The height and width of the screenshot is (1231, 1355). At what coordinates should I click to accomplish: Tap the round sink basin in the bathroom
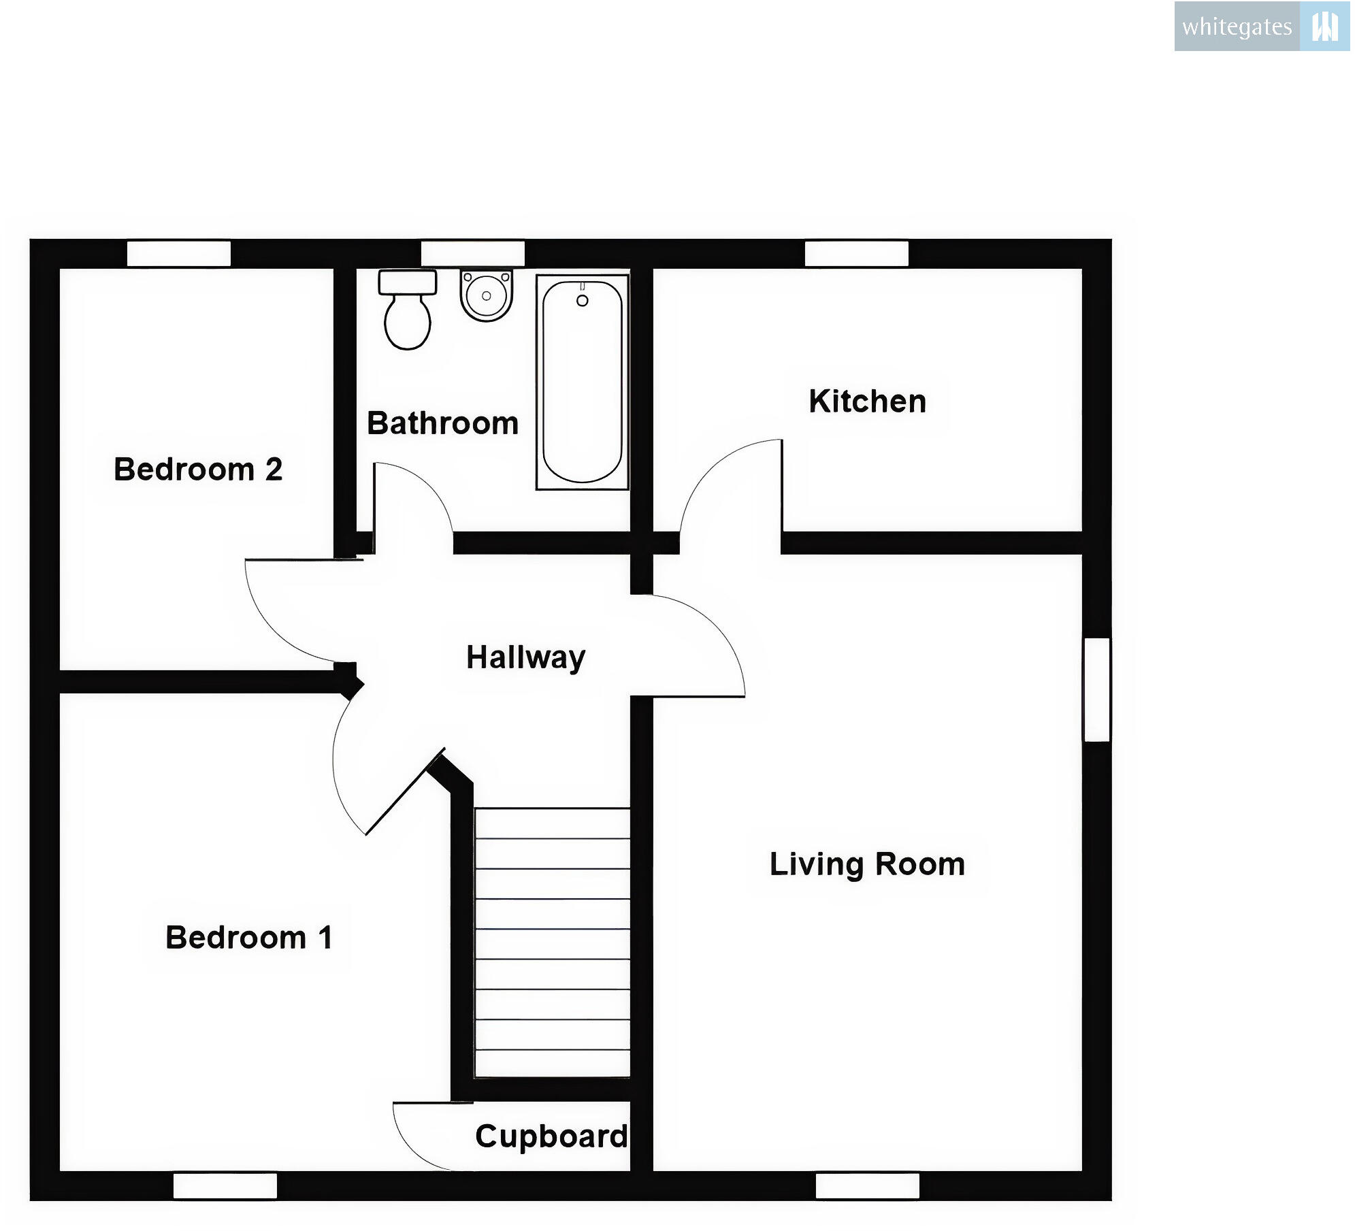point(486,295)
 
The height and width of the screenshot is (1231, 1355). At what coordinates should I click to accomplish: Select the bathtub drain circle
point(582,301)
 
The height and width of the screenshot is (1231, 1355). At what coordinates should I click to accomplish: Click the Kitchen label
point(867,401)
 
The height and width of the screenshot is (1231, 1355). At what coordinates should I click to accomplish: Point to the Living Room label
point(867,864)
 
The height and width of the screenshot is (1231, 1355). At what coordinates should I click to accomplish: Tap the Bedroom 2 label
point(198,470)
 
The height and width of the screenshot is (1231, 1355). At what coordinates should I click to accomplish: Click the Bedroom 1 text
point(249,938)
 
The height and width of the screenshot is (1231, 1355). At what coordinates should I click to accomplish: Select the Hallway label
point(525,657)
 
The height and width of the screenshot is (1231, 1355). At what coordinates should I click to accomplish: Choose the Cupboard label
point(551,1136)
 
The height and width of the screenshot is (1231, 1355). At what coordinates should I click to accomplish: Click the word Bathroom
point(442,423)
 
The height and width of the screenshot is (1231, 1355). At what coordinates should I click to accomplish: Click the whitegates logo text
point(1237,27)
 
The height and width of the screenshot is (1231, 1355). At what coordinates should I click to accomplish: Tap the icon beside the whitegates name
point(1324,27)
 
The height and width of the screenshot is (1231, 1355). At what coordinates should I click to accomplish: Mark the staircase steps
point(552,942)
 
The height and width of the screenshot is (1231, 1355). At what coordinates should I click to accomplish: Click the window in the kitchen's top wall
point(856,254)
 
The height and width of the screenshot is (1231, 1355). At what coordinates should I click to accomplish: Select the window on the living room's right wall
point(1096,689)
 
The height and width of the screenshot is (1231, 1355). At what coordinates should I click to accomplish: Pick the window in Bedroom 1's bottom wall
point(225,1186)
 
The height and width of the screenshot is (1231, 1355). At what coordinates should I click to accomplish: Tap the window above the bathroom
point(472,254)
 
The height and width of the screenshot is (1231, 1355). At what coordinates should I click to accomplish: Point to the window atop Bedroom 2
point(179,254)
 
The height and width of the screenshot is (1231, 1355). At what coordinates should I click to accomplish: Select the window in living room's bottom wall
point(867,1186)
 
